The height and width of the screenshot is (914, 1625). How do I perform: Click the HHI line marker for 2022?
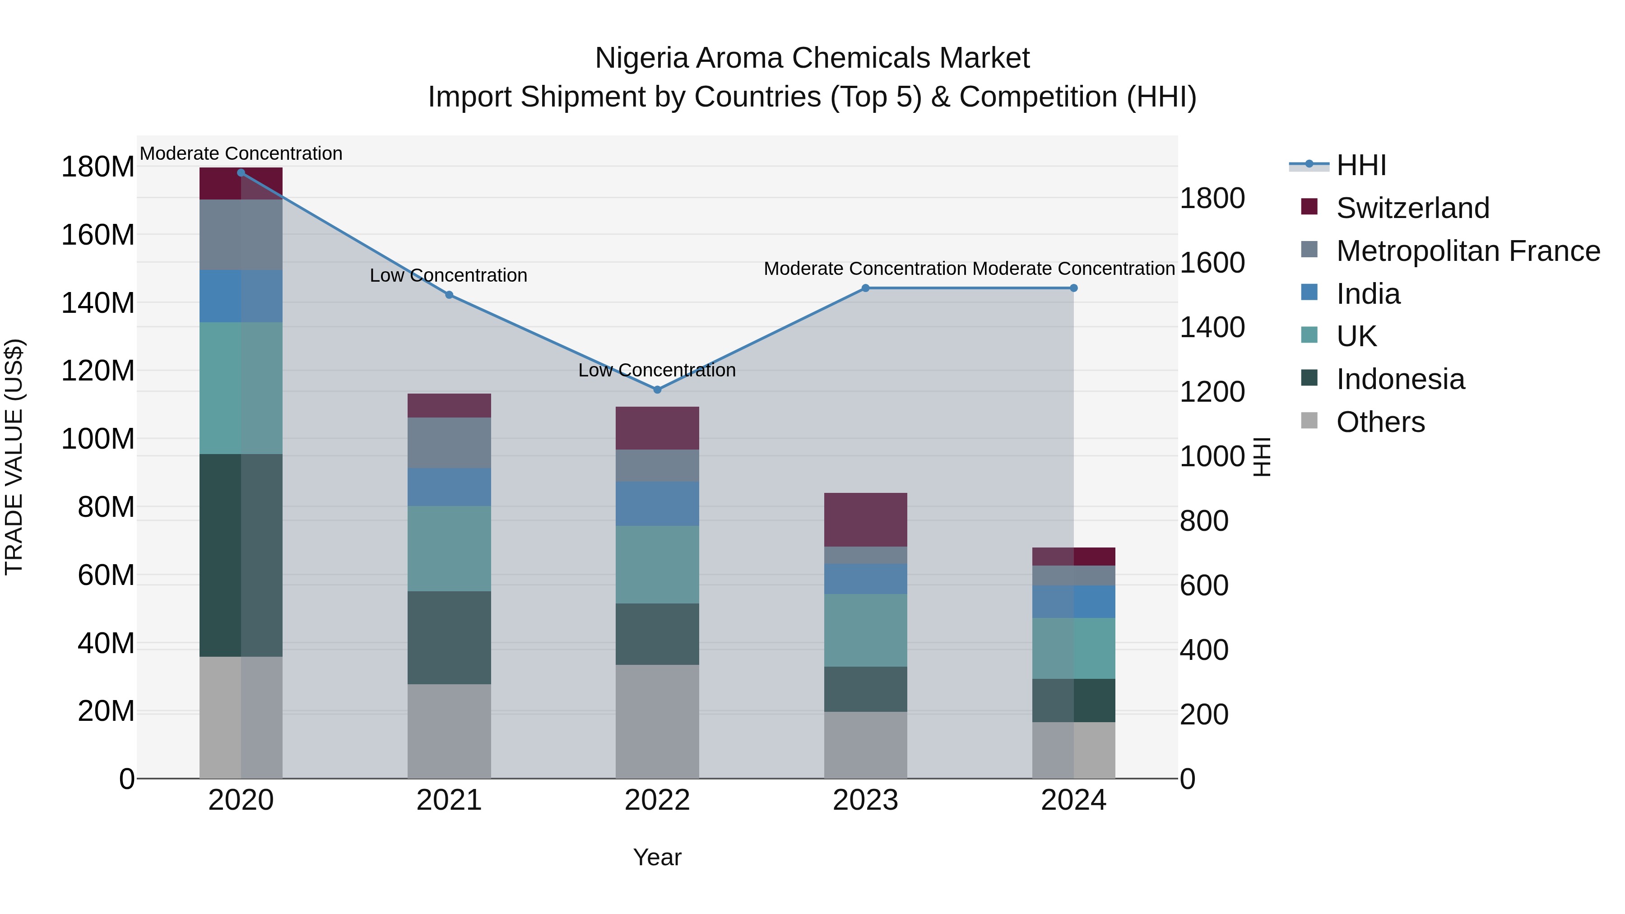[x=657, y=390]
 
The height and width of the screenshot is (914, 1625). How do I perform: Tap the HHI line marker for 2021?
[x=449, y=295]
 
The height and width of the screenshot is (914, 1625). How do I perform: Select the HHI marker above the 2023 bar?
[x=865, y=288]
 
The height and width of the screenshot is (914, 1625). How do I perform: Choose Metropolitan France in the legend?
[x=1467, y=251]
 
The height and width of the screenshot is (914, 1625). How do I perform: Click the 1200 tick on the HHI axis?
[x=1212, y=392]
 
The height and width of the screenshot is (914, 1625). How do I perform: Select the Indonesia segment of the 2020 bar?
[x=241, y=555]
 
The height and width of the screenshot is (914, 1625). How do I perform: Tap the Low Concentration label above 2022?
[x=657, y=370]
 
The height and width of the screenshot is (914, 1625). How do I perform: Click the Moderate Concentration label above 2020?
[x=241, y=154]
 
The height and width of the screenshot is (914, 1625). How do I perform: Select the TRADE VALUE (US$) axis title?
[x=14, y=457]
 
